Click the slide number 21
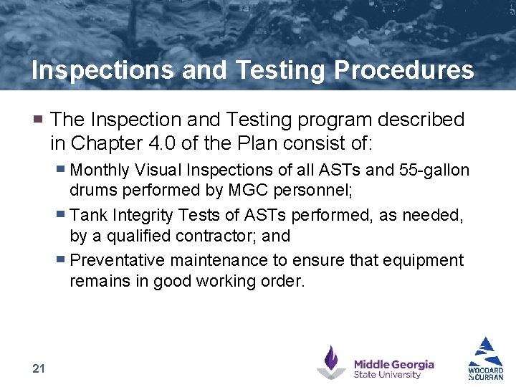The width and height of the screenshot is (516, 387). click(x=39, y=368)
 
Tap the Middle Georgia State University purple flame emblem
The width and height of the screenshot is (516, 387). click(x=331, y=361)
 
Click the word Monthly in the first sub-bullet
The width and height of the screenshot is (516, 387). click(x=100, y=171)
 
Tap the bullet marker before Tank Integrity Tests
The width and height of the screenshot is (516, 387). click(x=62, y=215)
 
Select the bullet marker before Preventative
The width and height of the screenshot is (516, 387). click(x=62, y=260)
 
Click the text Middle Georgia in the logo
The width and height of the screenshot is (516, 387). click(x=393, y=364)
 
